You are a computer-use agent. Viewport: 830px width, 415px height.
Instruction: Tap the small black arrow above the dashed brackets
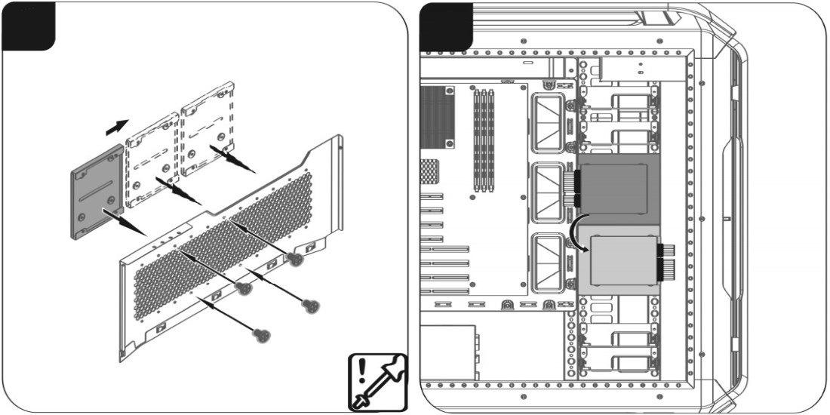(116, 128)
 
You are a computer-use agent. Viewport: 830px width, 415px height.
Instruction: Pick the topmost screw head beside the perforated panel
(296, 259)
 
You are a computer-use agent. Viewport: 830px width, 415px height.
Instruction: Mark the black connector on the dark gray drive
(576, 189)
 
